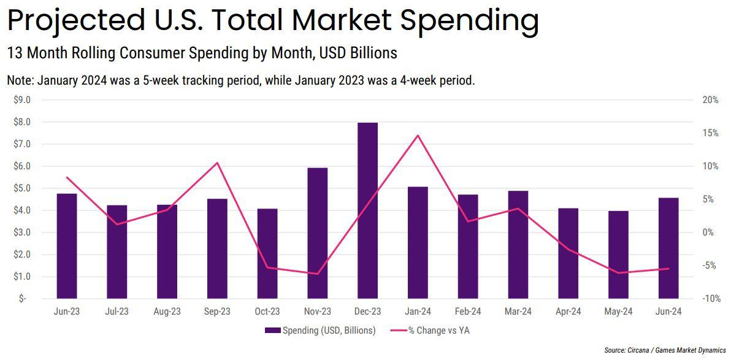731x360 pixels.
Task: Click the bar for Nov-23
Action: click(x=317, y=233)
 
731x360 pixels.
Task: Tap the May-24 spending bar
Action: click(x=618, y=255)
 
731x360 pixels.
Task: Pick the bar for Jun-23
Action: click(x=67, y=246)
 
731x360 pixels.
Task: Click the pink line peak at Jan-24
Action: click(x=418, y=136)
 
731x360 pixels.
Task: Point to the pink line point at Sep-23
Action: click(x=217, y=163)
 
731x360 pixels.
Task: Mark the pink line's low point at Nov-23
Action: click(x=317, y=274)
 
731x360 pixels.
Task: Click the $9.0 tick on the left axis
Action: click(x=22, y=100)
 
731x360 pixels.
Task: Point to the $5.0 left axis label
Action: click(x=22, y=188)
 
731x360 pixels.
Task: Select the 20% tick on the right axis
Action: click(x=710, y=100)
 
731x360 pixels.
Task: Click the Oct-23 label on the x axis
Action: click(x=267, y=312)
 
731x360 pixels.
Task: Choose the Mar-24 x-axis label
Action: click(x=518, y=312)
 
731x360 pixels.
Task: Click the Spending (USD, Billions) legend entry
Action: click(x=320, y=331)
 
